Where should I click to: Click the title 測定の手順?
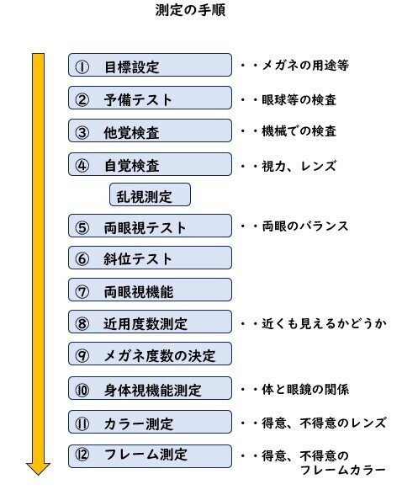190,10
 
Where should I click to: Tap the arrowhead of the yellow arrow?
38,469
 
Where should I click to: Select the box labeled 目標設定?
150,65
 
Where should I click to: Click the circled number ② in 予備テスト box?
82,99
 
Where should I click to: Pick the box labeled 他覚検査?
150,130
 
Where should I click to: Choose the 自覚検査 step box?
150,164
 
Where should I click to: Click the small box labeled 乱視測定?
150,194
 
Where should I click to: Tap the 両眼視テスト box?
150,226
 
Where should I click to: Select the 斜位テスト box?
150,258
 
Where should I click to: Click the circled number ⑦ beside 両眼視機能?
82,291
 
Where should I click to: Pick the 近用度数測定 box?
150,322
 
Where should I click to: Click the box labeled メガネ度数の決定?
150,354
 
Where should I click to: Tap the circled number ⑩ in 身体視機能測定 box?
82,391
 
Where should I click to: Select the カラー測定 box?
150,422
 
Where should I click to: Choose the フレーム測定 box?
150,456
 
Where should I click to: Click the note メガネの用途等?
305,66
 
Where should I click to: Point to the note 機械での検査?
299,131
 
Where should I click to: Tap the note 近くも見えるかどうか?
324,323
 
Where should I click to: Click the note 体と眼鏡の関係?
305,390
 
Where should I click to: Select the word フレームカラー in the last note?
343,470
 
